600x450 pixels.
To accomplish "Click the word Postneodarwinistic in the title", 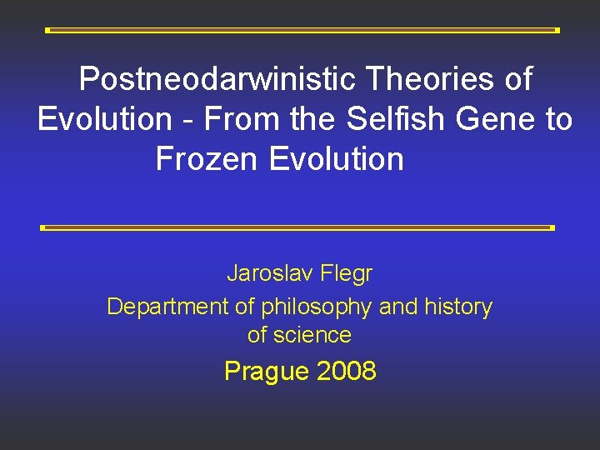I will (x=218, y=80).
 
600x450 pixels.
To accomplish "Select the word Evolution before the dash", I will (x=104, y=120).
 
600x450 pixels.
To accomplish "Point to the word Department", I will (x=168, y=307).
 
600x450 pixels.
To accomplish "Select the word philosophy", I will (x=316, y=307).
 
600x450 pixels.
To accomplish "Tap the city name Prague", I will (x=266, y=371).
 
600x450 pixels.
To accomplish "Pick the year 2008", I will (x=346, y=371).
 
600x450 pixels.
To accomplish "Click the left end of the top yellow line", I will (x=47, y=30).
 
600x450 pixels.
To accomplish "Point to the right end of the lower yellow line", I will (x=552, y=227).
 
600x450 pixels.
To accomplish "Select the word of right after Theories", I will (x=517, y=80).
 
